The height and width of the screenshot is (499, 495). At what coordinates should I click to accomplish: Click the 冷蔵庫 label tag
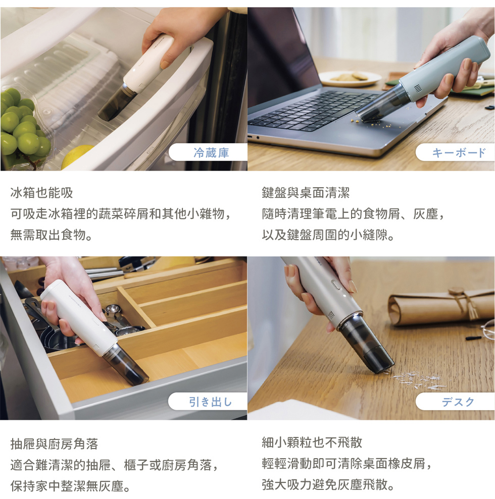click(208, 152)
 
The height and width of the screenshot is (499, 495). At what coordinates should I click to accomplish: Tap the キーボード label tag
click(456, 152)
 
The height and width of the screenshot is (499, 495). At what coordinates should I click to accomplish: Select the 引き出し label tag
click(208, 401)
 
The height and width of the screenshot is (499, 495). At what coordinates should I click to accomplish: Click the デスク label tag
click(456, 401)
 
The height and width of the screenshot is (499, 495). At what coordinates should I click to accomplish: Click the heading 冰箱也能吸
click(42, 193)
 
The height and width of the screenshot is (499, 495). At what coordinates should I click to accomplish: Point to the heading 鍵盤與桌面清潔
click(306, 193)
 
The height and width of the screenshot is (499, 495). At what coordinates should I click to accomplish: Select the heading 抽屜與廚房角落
click(54, 443)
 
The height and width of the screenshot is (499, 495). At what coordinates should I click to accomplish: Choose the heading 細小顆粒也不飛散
click(312, 442)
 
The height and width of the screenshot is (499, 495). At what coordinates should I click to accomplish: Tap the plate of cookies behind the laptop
click(350, 78)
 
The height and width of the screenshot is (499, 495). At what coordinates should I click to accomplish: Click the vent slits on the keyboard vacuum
click(418, 88)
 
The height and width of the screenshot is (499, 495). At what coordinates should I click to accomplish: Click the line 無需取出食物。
click(52, 235)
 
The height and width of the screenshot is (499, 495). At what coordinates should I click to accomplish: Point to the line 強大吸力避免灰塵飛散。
click(328, 484)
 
